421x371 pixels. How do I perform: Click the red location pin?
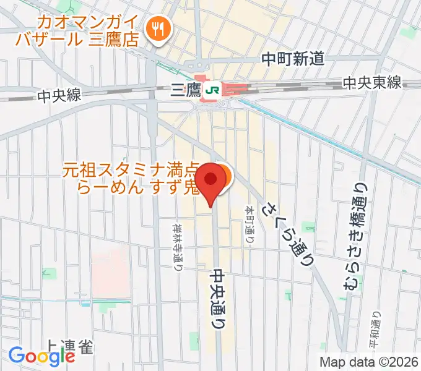[x=211, y=180]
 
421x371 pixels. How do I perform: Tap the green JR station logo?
[x=212, y=91]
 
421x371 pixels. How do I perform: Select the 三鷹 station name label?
[x=185, y=92]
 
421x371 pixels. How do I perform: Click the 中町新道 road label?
[x=293, y=59]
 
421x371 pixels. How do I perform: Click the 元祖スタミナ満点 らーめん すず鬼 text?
[x=130, y=177]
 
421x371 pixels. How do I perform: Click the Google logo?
[x=41, y=356]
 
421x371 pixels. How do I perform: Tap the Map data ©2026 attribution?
[x=369, y=362]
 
